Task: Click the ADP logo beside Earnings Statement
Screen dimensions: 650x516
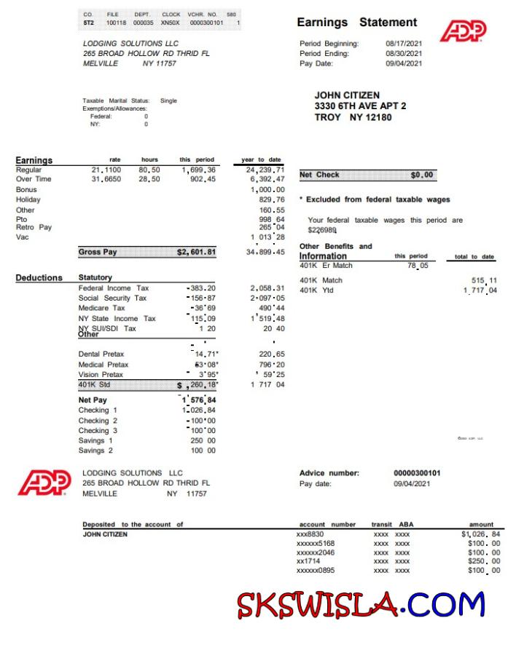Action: [463, 31]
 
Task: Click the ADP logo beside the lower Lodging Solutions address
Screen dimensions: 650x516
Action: [44, 483]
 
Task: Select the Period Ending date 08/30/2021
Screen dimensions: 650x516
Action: [404, 53]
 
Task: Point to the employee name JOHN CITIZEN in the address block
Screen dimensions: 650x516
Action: [347, 95]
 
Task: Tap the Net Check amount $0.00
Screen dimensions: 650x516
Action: [422, 175]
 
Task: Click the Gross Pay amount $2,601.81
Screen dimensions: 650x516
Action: [196, 252]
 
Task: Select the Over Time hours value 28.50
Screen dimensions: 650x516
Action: [149, 179]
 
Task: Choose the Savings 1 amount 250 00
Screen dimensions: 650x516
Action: [203, 440]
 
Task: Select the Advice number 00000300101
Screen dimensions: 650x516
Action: [417, 473]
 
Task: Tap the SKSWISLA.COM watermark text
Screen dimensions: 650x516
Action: [360, 604]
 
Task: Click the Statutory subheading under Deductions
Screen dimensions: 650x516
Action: [95, 278]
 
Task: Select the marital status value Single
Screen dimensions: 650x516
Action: [168, 100]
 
